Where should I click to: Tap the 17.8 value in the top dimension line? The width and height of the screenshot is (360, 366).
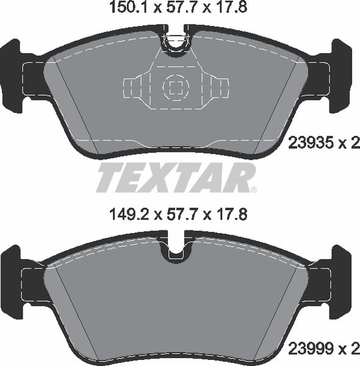[x=234, y=8]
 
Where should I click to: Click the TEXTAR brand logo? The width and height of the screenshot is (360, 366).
[x=175, y=178]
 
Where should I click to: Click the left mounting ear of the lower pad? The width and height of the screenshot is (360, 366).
[x=18, y=281]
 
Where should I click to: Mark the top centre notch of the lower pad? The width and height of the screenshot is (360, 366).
[x=176, y=247]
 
